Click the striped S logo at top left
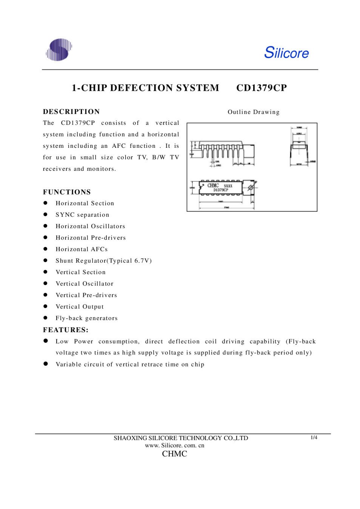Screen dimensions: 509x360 (x=58, y=50)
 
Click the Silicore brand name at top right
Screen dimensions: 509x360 (x=286, y=53)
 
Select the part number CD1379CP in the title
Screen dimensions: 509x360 (x=262, y=88)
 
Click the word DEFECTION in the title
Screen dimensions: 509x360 (x=137, y=88)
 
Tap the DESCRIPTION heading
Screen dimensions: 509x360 (x=71, y=112)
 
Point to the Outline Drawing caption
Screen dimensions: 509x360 (x=254, y=112)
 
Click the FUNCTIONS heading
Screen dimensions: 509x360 (x=67, y=192)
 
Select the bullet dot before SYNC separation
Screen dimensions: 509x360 (x=46, y=215)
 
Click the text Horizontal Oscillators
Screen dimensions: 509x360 (x=90, y=226)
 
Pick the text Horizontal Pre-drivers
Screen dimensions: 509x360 (x=91, y=238)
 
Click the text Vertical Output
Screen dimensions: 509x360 (x=80, y=307)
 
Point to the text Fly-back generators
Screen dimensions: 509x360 (x=86, y=318)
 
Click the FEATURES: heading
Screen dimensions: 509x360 (x=66, y=330)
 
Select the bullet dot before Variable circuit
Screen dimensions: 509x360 (x=46, y=364)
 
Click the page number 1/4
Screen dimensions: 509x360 (x=314, y=437)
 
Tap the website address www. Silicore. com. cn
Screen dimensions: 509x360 (x=174, y=445)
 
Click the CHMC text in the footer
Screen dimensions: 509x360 (x=174, y=454)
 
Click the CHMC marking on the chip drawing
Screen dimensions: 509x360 (x=213, y=186)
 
